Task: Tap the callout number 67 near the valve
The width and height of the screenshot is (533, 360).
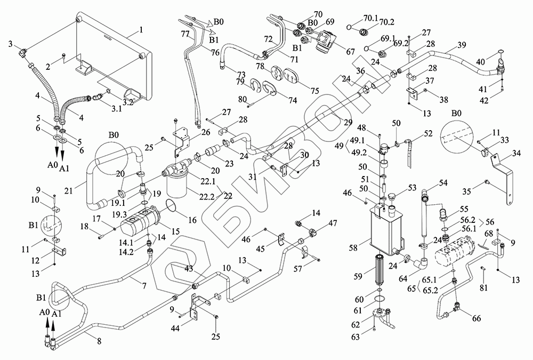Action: point(350,51)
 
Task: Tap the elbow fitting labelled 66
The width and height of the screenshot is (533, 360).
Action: point(458,308)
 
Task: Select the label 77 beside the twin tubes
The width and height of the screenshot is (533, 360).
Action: point(185,33)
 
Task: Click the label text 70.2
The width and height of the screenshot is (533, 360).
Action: point(387,22)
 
